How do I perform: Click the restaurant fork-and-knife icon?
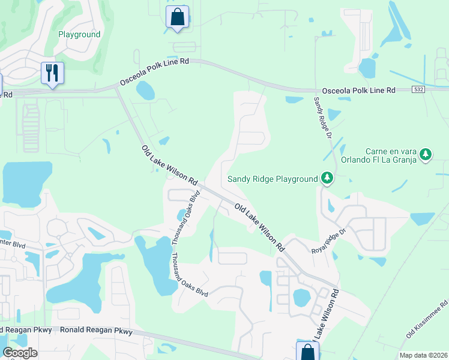coord(52,74)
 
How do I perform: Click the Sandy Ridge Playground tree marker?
coord(327,178)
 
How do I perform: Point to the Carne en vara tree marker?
coord(426,155)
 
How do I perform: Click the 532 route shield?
coord(420,89)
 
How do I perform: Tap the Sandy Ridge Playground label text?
coord(272,179)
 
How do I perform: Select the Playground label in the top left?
coord(79,34)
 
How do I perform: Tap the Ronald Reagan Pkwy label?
coord(92,330)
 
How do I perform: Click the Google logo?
coord(20,352)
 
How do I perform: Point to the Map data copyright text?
coord(423,355)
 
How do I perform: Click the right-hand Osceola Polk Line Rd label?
coord(358,90)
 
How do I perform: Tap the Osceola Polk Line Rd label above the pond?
coord(154,70)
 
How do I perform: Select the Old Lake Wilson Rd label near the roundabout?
coord(169,164)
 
